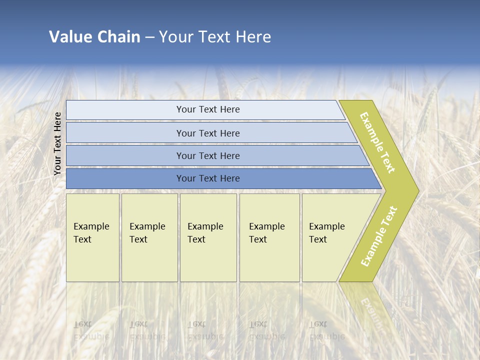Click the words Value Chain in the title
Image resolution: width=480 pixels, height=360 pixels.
94,36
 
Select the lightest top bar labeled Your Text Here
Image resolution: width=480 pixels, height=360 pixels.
207,109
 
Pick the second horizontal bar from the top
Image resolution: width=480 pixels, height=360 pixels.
207,133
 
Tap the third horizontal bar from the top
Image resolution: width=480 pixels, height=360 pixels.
207,155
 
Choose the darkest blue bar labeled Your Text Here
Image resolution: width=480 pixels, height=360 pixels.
207,178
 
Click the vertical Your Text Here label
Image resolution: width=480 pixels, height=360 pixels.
57,143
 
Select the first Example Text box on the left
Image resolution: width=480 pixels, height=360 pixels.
92,237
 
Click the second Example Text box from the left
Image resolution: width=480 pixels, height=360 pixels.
149,237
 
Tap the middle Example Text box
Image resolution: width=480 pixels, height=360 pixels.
208,237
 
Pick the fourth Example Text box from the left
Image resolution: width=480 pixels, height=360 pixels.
269,237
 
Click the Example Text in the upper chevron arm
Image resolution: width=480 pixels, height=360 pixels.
377,142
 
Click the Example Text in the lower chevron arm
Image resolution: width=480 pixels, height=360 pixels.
379,236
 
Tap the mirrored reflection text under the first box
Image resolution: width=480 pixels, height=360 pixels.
91,330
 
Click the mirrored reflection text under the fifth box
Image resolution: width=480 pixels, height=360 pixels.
326,330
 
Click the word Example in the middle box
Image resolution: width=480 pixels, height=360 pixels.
205,226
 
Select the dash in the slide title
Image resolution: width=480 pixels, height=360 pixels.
149,37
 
